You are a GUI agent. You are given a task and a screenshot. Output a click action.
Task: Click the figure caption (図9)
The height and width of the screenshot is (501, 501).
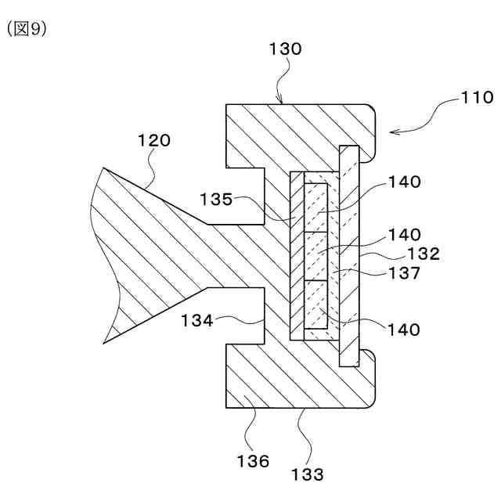coord(27,29)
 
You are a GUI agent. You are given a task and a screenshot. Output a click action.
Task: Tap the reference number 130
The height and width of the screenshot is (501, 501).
coord(285,49)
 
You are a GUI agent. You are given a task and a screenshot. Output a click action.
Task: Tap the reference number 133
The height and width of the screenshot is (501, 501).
coord(307,473)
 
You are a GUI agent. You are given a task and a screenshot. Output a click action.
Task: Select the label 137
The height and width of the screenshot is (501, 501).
coord(404,273)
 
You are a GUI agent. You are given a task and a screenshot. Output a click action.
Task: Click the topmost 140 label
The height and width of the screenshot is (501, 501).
coord(403,182)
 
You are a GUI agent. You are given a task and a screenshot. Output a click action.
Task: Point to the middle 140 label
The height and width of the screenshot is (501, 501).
coord(403,233)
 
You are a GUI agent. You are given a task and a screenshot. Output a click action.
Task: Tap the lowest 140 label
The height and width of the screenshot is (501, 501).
coord(403,330)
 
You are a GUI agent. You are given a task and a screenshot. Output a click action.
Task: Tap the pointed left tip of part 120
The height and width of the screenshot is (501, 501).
coord(105,342)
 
